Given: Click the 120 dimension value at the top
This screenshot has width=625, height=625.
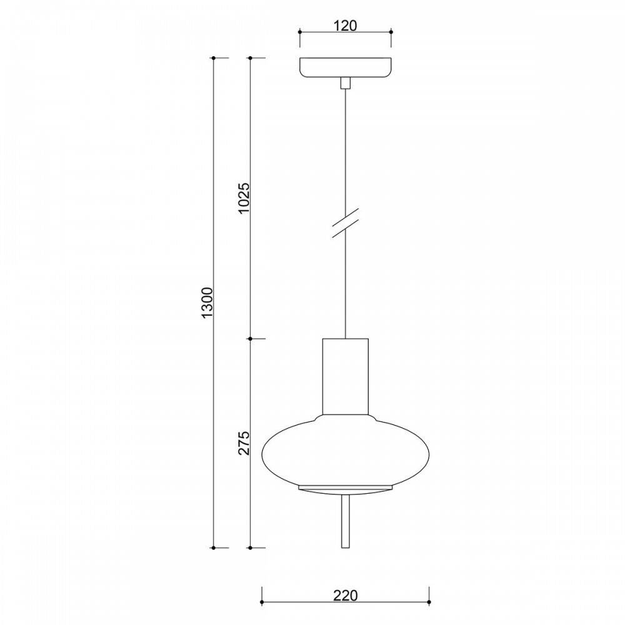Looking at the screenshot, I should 345,26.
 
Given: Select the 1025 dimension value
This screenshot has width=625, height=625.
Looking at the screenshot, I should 244,199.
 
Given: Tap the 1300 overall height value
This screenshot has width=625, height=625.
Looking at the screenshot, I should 208,303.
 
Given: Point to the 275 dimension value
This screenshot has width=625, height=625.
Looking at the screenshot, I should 244,442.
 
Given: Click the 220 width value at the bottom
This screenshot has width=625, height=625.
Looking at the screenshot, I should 344,596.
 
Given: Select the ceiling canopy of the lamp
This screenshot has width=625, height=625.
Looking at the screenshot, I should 345,67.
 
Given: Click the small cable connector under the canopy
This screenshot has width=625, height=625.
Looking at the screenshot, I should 345,84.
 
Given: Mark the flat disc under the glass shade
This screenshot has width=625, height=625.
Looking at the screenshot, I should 345,487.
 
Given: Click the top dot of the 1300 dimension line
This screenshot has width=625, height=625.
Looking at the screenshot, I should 214,58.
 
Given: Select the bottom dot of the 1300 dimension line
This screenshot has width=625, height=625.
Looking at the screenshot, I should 214,547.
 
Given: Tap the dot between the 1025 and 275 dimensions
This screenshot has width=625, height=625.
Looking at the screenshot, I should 251,339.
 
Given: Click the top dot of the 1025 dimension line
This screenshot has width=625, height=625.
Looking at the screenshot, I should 251,58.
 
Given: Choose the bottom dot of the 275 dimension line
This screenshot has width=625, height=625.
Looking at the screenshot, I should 251,547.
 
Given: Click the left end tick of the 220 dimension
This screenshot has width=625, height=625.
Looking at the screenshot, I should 261,604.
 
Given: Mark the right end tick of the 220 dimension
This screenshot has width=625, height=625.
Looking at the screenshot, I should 429,604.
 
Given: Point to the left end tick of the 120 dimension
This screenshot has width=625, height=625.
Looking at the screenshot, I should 299,31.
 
